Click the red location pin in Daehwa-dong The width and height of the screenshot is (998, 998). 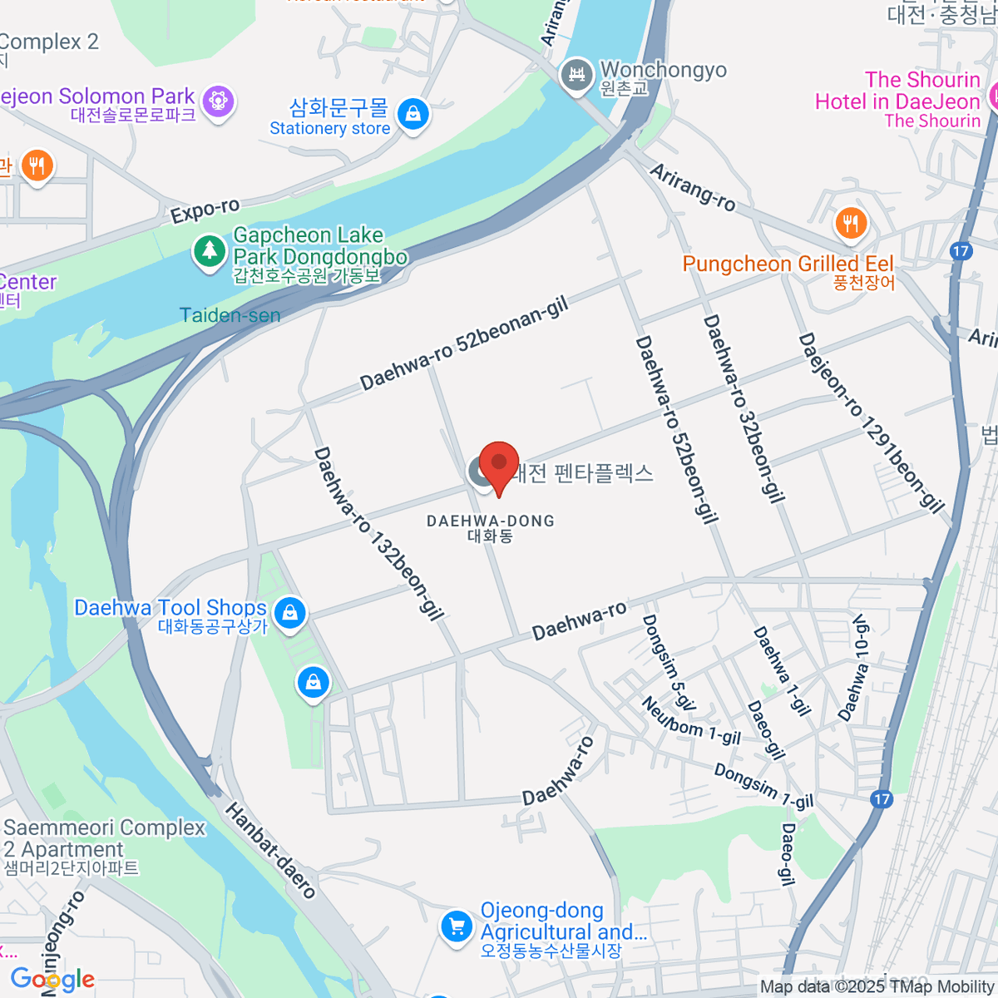coord(498,464)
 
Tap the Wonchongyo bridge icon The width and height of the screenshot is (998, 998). coord(576,76)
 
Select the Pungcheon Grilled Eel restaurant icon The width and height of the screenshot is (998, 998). coord(850,223)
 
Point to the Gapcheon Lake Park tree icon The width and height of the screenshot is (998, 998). coord(209,250)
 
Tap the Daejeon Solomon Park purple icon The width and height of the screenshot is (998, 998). coord(219,101)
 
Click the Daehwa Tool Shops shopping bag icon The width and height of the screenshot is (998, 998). coord(289,613)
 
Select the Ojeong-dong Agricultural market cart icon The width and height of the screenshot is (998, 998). coord(456,925)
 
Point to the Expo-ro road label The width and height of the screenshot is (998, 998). coord(205,211)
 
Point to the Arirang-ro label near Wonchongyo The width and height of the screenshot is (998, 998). coord(692,187)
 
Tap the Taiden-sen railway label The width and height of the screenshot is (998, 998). coord(230,315)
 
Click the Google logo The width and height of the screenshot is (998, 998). coord(52,980)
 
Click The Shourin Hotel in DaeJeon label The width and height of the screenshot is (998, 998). coord(898,101)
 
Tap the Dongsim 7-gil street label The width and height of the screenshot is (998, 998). coord(763,786)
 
